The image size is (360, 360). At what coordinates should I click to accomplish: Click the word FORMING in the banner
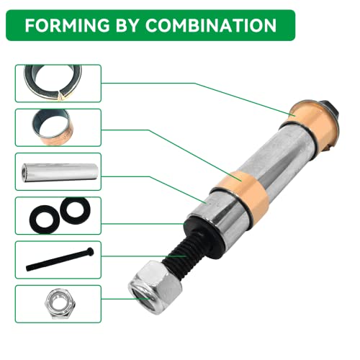(x=67, y=25)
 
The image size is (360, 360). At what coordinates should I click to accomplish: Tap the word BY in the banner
(x=128, y=25)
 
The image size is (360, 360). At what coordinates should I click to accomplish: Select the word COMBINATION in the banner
(x=211, y=25)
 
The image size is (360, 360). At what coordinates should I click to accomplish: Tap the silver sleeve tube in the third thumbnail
(x=60, y=172)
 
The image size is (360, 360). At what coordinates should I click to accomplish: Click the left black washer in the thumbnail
(x=44, y=219)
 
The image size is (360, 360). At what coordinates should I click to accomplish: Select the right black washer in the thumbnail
(x=75, y=210)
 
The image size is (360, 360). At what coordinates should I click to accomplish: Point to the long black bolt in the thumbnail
(x=60, y=259)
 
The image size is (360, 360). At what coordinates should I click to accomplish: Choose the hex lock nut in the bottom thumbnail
(x=59, y=304)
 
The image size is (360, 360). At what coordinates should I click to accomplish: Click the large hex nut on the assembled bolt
(x=155, y=288)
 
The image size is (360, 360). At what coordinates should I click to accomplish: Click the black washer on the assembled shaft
(x=204, y=230)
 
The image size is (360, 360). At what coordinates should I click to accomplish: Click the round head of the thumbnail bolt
(x=91, y=251)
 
